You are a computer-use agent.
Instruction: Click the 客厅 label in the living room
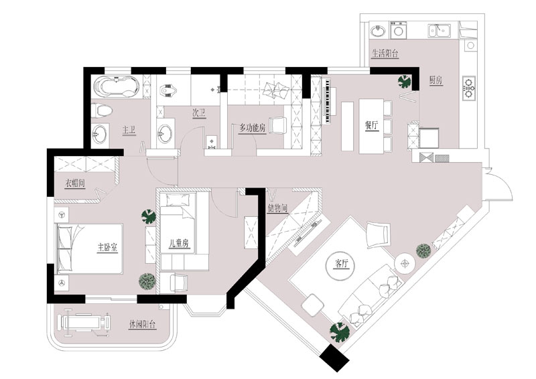(x=342, y=264)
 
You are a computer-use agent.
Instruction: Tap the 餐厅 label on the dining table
(x=372, y=125)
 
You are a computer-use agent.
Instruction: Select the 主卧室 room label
(x=107, y=247)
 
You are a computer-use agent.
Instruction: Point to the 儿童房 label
(x=179, y=243)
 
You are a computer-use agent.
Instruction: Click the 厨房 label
(x=436, y=80)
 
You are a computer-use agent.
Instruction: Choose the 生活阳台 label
(x=385, y=54)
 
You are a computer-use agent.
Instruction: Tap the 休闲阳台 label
(x=143, y=324)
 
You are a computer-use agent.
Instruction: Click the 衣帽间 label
(x=75, y=183)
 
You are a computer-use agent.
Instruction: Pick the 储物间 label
(x=277, y=208)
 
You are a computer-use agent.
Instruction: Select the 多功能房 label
(x=253, y=128)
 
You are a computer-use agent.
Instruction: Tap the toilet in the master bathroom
(x=103, y=110)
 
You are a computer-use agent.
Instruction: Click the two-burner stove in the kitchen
(x=468, y=88)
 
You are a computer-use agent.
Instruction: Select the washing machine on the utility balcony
(x=398, y=29)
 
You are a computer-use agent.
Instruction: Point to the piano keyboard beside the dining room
(x=328, y=101)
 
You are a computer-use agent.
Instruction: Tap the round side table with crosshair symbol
(x=405, y=263)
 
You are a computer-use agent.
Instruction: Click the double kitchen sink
(x=439, y=31)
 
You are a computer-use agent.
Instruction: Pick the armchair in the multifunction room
(x=278, y=126)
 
